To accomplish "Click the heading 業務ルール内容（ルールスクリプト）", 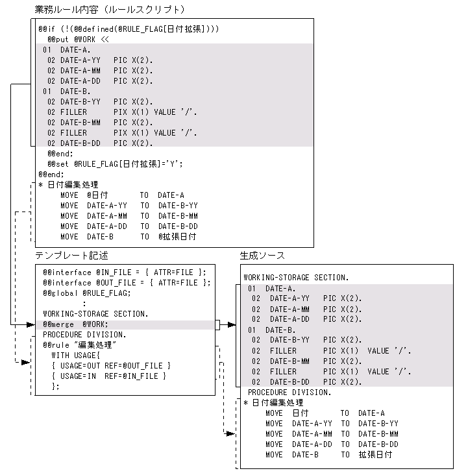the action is (x=110, y=9).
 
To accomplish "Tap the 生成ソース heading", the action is (x=262, y=256).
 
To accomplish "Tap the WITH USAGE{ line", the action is (x=76, y=355).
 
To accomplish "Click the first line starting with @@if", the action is (x=129, y=29).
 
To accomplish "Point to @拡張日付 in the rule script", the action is (x=177, y=237).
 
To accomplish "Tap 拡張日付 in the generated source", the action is (x=375, y=455).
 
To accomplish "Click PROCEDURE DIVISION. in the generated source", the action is (x=289, y=392).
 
